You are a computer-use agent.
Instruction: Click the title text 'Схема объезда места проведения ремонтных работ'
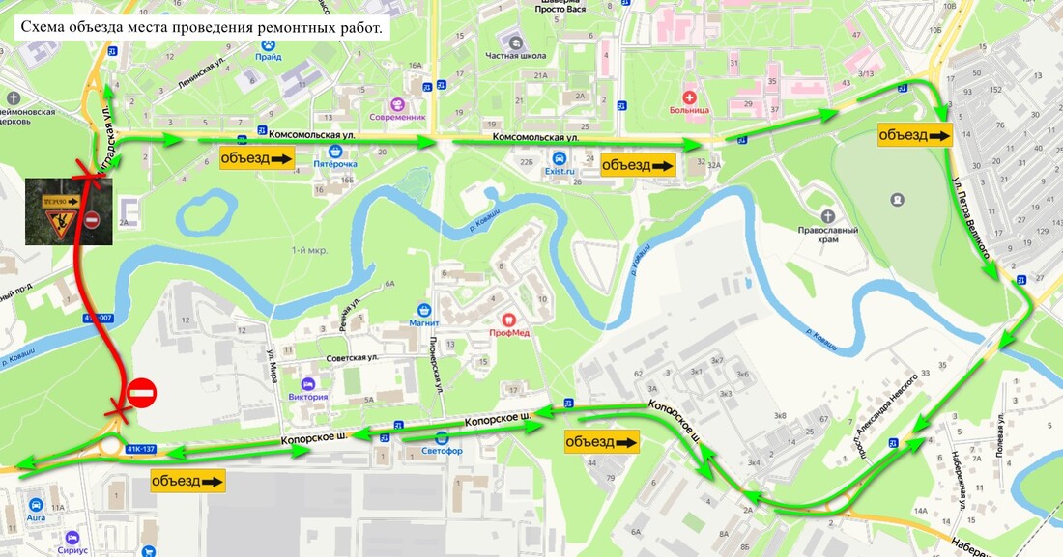[201, 27]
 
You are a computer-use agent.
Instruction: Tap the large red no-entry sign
[141, 393]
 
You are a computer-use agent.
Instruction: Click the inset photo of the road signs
[69, 211]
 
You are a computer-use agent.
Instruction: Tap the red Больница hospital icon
[690, 97]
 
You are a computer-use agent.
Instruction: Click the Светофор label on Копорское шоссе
[443, 451]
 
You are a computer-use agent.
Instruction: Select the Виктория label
[308, 396]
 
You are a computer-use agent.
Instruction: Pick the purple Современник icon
[398, 104]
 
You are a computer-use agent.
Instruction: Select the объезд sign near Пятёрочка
[256, 158]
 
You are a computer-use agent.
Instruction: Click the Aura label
[36, 518]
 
